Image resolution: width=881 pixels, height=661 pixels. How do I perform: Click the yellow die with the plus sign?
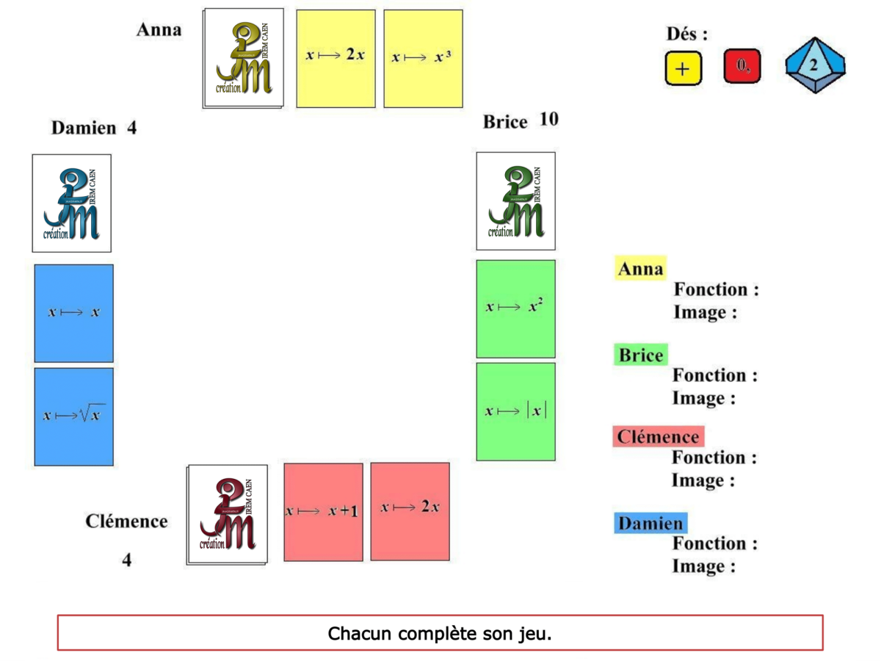tap(684, 68)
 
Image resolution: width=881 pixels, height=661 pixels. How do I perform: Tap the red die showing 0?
tap(742, 66)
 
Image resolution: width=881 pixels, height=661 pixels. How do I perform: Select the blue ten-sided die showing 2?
tap(815, 65)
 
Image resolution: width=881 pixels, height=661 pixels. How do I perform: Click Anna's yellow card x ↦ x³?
tap(423, 58)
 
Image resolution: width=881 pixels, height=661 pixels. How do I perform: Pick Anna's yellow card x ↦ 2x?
tap(336, 58)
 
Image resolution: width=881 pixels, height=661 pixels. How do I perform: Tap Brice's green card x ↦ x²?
tap(515, 308)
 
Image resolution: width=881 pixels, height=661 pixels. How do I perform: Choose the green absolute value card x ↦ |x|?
tap(515, 411)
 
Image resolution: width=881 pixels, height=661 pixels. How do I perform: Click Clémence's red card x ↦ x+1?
tap(323, 511)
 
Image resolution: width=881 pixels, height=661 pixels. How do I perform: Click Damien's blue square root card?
tap(73, 416)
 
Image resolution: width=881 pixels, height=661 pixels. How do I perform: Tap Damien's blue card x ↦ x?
tap(73, 313)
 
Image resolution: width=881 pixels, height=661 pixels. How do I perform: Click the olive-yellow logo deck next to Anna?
tap(244, 58)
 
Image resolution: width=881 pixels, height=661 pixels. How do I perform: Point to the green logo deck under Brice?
tap(515, 201)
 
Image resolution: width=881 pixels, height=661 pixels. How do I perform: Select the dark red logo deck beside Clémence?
tap(227, 514)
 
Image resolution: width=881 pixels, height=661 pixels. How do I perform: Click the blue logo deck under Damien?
tap(71, 203)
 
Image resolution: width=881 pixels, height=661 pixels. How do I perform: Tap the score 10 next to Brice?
tap(548, 120)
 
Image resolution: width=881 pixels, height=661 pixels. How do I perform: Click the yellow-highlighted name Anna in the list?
tap(640, 270)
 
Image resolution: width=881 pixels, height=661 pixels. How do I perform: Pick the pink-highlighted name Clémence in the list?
tap(658, 437)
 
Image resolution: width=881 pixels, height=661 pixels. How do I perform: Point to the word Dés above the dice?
tap(686, 34)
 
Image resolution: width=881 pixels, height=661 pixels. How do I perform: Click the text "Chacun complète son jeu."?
tap(440, 633)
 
